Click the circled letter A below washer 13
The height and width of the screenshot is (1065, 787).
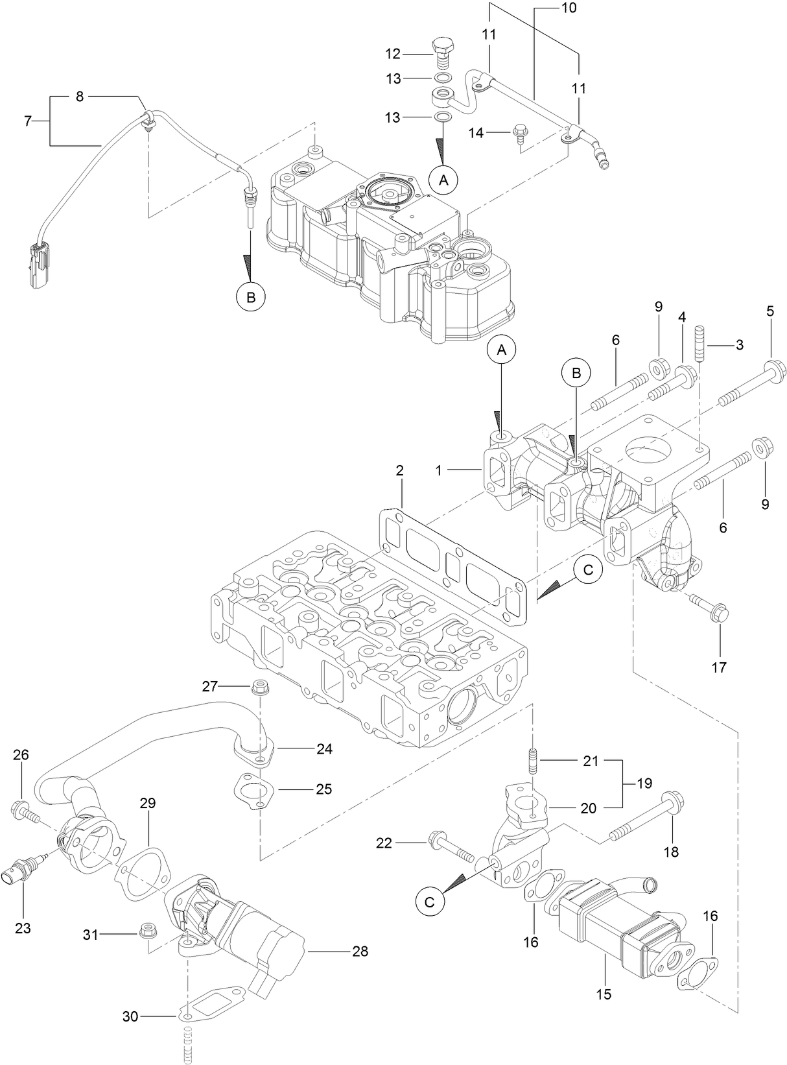tap(443, 180)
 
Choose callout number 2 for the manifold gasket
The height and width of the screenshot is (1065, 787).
tap(400, 470)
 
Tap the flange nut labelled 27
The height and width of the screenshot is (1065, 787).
tap(261, 686)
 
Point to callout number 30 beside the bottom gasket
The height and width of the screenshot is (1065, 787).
tap(130, 1016)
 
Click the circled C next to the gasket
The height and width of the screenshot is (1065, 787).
tap(588, 570)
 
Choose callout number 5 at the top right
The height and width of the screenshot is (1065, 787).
tap(769, 311)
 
